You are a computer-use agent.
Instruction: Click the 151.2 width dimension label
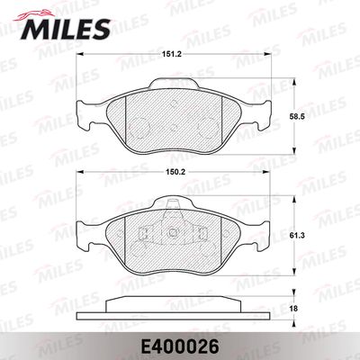pyautogui.click(x=172, y=54)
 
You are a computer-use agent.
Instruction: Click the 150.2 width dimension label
pyautogui.click(x=172, y=172)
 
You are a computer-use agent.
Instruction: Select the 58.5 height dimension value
pyautogui.click(x=298, y=117)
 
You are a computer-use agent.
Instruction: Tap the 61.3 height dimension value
pyautogui.click(x=298, y=236)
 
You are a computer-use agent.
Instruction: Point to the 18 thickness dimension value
pyautogui.click(x=294, y=309)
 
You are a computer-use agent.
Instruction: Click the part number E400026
pyautogui.click(x=180, y=347)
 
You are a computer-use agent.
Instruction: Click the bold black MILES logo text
pyautogui.click(x=66, y=29)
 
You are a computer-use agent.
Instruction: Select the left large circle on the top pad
pyautogui.click(x=139, y=128)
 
